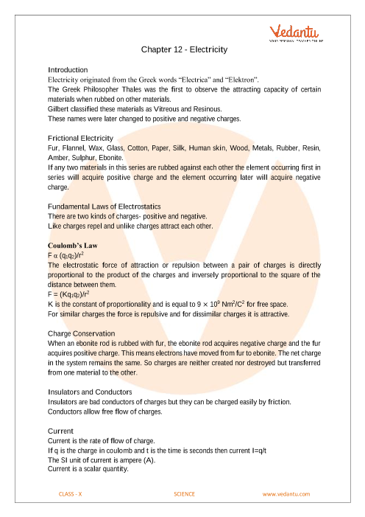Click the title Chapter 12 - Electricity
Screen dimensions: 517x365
[x=183, y=49]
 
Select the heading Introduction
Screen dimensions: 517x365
[x=67, y=69]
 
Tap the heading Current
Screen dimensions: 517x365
[x=60, y=430]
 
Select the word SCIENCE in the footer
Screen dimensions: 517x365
[x=187, y=493]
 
